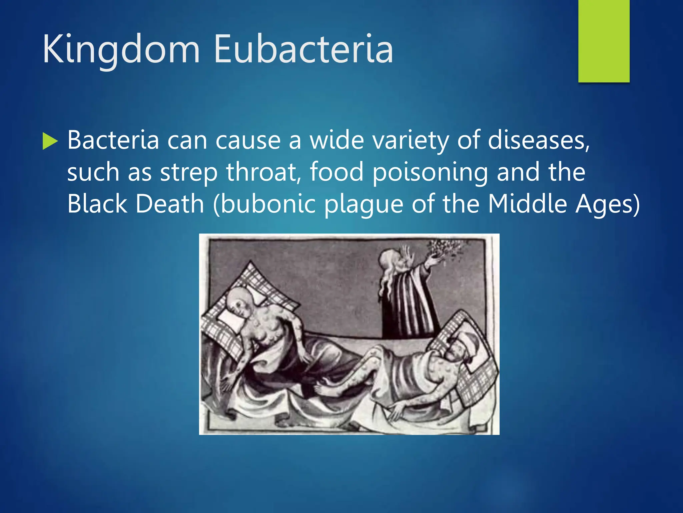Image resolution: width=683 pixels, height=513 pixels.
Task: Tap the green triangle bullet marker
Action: [x=50, y=141]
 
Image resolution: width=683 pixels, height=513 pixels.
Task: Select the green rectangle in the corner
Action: [x=604, y=41]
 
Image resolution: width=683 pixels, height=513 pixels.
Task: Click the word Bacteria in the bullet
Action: [x=113, y=140]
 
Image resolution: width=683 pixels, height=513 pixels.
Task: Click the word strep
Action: [x=189, y=172]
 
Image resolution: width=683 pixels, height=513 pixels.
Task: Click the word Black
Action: [x=97, y=204]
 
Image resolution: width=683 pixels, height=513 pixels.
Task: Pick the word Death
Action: [x=170, y=204]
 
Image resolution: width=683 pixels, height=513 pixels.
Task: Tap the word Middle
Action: [x=527, y=204]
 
